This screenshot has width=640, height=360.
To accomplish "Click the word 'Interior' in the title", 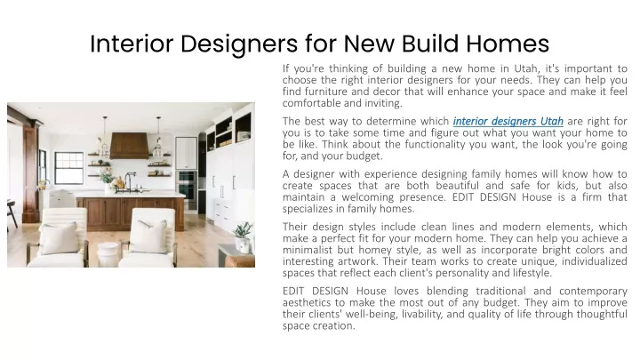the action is click(132, 44).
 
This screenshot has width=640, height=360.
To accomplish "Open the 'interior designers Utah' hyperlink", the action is click(508, 121).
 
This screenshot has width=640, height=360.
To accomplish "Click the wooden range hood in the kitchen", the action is click(130, 146).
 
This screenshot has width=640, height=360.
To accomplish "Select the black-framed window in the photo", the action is click(69, 168).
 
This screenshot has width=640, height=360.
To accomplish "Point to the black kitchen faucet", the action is click(130, 181).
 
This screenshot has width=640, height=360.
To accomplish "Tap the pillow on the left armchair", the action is click(60, 238).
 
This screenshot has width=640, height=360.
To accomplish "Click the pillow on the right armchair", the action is click(148, 236).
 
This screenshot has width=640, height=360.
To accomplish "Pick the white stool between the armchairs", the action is click(108, 254).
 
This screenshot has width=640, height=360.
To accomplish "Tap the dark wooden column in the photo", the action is click(31, 172).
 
